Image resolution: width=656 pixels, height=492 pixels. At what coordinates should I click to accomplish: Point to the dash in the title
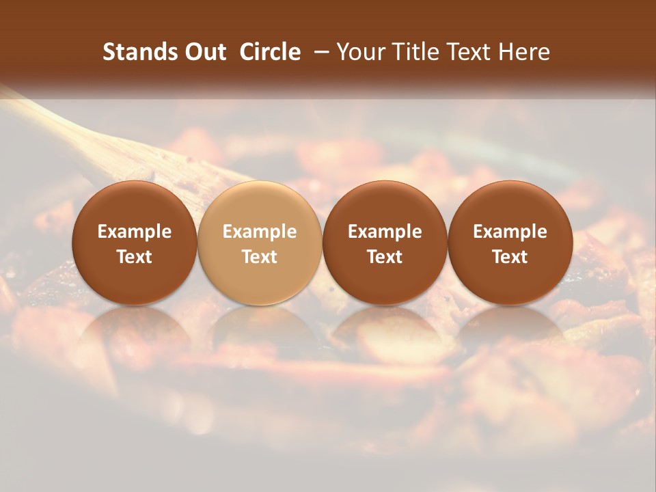pyautogui.click(x=318, y=52)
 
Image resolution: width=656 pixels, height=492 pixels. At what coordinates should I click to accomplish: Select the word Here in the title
pyautogui.click(x=523, y=52)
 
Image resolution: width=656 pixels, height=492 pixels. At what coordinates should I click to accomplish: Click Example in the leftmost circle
pyautogui.click(x=135, y=232)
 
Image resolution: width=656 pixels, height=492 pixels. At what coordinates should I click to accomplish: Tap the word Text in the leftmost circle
pyautogui.click(x=135, y=257)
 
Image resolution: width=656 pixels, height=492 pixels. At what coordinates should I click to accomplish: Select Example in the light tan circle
pyautogui.click(x=260, y=232)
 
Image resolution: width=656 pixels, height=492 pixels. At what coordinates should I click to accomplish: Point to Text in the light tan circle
pyautogui.click(x=260, y=257)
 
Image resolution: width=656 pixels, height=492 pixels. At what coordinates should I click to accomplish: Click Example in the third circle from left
pyautogui.click(x=385, y=232)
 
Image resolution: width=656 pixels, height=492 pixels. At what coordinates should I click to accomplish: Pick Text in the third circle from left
pyautogui.click(x=385, y=257)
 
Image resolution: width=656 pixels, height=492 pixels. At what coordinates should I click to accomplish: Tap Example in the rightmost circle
pyautogui.click(x=510, y=232)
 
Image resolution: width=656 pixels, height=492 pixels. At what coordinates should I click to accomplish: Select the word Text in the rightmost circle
pyautogui.click(x=510, y=257)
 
